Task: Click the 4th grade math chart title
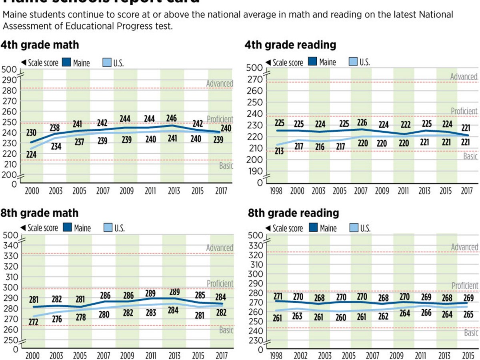40,44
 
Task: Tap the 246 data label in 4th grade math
172,118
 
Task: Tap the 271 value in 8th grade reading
279,296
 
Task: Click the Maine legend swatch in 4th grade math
66,62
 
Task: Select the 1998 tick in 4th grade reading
276,191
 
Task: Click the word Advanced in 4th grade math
220,84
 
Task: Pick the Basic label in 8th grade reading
471,333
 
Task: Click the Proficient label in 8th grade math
220,284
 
